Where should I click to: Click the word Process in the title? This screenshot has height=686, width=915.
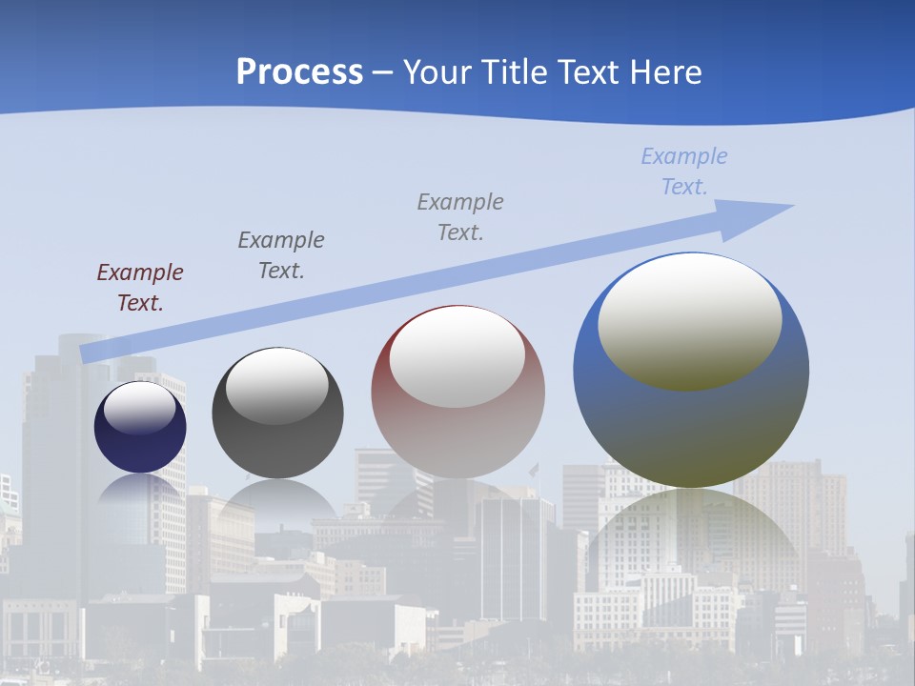click(299, 72)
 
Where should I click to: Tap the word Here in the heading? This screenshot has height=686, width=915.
click(664, 72)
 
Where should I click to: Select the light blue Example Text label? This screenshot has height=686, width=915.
click(683, 171)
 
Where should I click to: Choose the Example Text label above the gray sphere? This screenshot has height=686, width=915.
click(280, 255)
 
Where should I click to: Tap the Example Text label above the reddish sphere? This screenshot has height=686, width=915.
click(459, 216)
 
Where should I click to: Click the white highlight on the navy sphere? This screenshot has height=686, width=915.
click(139, 409)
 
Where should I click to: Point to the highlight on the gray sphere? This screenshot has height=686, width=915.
click(276, 386)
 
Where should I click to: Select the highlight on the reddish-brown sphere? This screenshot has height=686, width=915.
click(457, 357)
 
